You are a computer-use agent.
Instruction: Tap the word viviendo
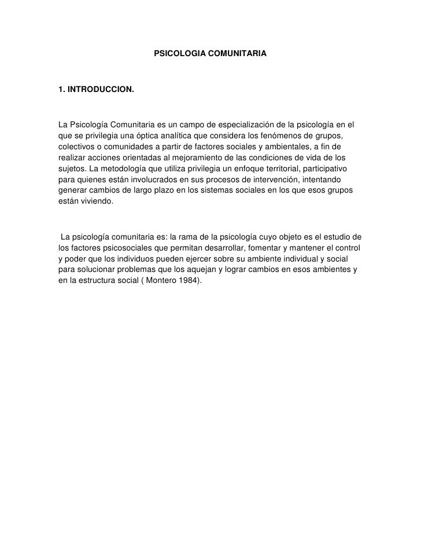click(x=98, y=200)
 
